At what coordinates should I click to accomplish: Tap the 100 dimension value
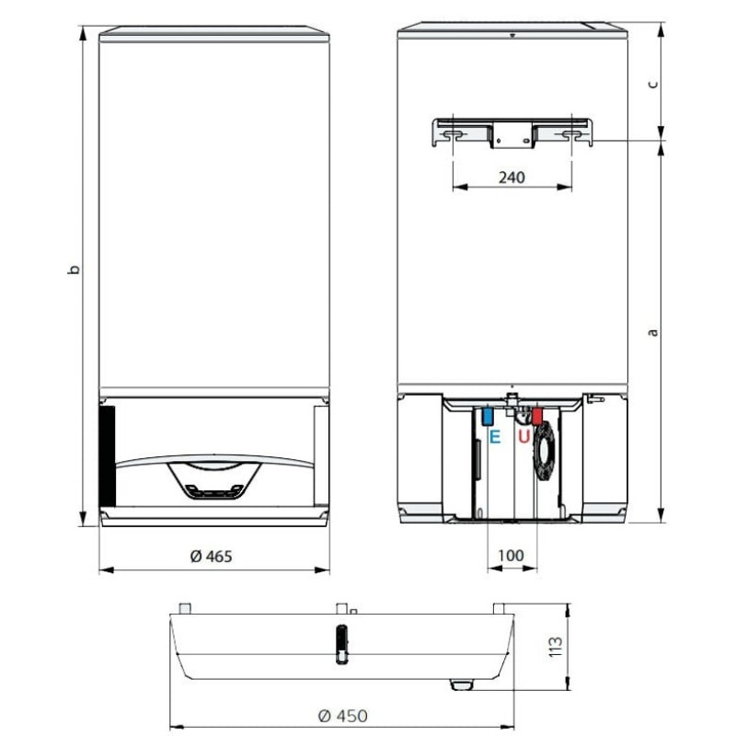pos(511,556)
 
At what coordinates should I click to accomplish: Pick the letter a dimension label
pos(652,331)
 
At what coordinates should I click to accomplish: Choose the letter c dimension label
pos(652,83)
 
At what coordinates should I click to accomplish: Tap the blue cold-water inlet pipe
pos(487,416)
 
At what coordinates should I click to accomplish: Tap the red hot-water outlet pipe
pos(537,416)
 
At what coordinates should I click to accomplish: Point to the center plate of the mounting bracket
pos(512,135)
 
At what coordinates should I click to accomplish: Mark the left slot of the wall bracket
pos(453,134)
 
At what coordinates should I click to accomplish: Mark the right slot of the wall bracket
pos(571,134)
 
